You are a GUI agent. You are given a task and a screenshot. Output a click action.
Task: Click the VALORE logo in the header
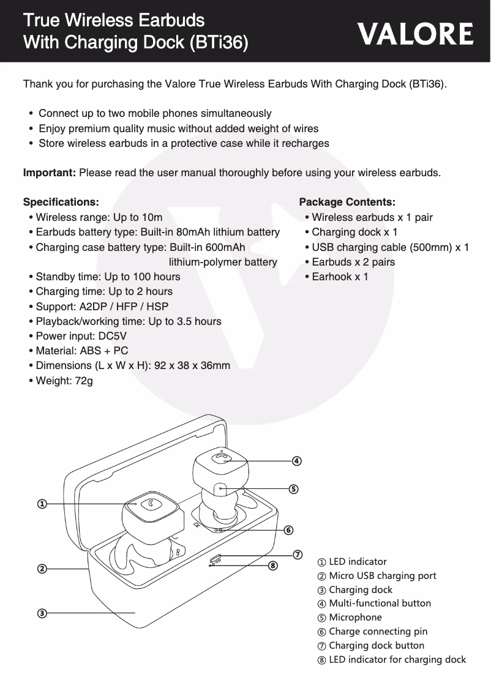[416, 34]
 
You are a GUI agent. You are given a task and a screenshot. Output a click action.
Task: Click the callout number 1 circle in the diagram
[41, 504]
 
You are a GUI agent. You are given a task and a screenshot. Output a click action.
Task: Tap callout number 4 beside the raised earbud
[296, 460]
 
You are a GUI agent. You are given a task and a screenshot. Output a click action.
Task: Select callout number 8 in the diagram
[273, 565]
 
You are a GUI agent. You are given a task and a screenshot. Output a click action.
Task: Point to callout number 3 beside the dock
[41, 613]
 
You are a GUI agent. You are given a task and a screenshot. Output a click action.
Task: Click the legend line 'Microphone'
[355, 617]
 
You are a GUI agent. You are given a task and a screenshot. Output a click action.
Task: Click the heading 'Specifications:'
[60, 202]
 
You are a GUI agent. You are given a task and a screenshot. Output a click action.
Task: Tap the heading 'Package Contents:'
[347, 202]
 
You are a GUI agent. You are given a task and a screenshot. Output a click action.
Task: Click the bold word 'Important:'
[49, 173]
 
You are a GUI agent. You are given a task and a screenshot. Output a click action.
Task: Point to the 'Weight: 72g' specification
[64, 381]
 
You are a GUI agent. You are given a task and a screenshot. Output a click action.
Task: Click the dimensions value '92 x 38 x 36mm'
[192, 366]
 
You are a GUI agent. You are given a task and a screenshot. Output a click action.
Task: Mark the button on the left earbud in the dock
[150, 504]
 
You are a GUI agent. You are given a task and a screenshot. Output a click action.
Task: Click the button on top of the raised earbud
[220, 458]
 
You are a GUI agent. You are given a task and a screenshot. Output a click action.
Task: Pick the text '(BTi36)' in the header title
[219, 43]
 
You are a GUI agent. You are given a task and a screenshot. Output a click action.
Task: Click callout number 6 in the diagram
[288, 529]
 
